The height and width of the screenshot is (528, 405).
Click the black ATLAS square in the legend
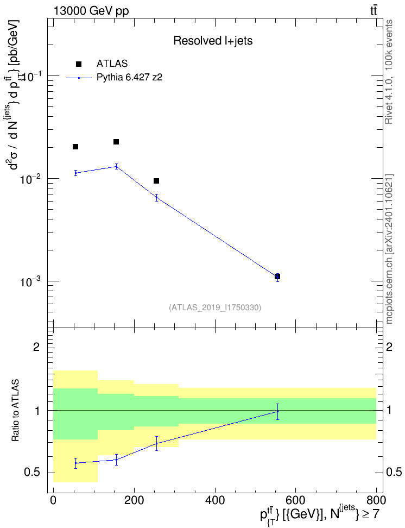point(79,64)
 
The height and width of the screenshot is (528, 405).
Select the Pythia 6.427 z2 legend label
point(129,78)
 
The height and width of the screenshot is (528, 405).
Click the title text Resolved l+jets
point(213,41)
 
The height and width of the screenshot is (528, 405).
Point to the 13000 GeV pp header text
point(91,11)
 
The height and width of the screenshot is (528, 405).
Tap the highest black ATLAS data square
point(116,142)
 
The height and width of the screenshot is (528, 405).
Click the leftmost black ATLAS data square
point(76,147)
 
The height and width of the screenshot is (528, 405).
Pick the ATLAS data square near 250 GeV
point(156,181)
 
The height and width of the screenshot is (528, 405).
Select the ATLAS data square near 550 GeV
point(277,276)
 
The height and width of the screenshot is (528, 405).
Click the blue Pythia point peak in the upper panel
point(116,166)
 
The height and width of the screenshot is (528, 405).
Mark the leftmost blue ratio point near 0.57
point(76,463)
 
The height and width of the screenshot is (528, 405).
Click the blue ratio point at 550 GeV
point(277,412)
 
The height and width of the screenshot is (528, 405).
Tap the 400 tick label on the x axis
point(215,500)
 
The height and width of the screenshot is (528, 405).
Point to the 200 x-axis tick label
point(134,500)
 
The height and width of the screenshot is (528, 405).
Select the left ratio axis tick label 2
point(36,347)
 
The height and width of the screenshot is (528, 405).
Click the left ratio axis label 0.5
point(33,473)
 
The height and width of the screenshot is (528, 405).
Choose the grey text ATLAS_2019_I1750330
point(215,307)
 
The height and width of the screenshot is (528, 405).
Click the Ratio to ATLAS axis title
point(16,411)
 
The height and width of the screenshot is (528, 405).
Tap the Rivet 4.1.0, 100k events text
point(389,72)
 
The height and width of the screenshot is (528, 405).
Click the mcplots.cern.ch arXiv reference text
point(389,249)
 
